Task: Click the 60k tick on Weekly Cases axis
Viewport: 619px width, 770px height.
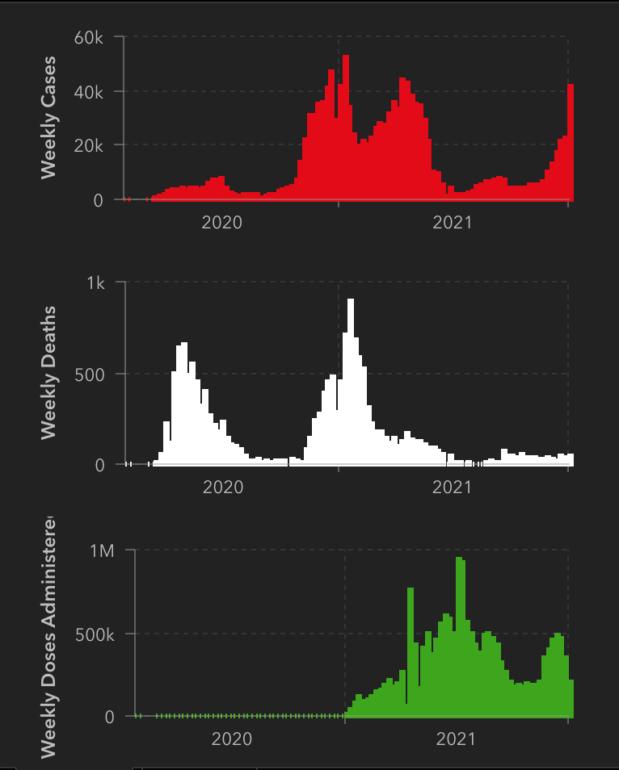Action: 88,38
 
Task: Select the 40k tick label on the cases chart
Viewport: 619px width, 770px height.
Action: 88,92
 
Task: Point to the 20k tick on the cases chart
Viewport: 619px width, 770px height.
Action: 88,146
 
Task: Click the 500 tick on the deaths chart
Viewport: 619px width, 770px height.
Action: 89,375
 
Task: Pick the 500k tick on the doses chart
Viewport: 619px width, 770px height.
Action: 95,634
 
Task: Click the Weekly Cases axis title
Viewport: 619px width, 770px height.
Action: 48,118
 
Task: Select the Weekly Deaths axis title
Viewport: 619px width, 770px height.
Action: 48,373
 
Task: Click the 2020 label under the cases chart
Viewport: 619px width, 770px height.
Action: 221,222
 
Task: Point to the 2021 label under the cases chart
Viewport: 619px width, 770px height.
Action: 452,222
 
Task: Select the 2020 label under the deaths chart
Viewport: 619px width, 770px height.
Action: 222,488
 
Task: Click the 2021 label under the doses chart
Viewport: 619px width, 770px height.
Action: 456,739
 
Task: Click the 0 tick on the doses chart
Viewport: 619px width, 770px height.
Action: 109,718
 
